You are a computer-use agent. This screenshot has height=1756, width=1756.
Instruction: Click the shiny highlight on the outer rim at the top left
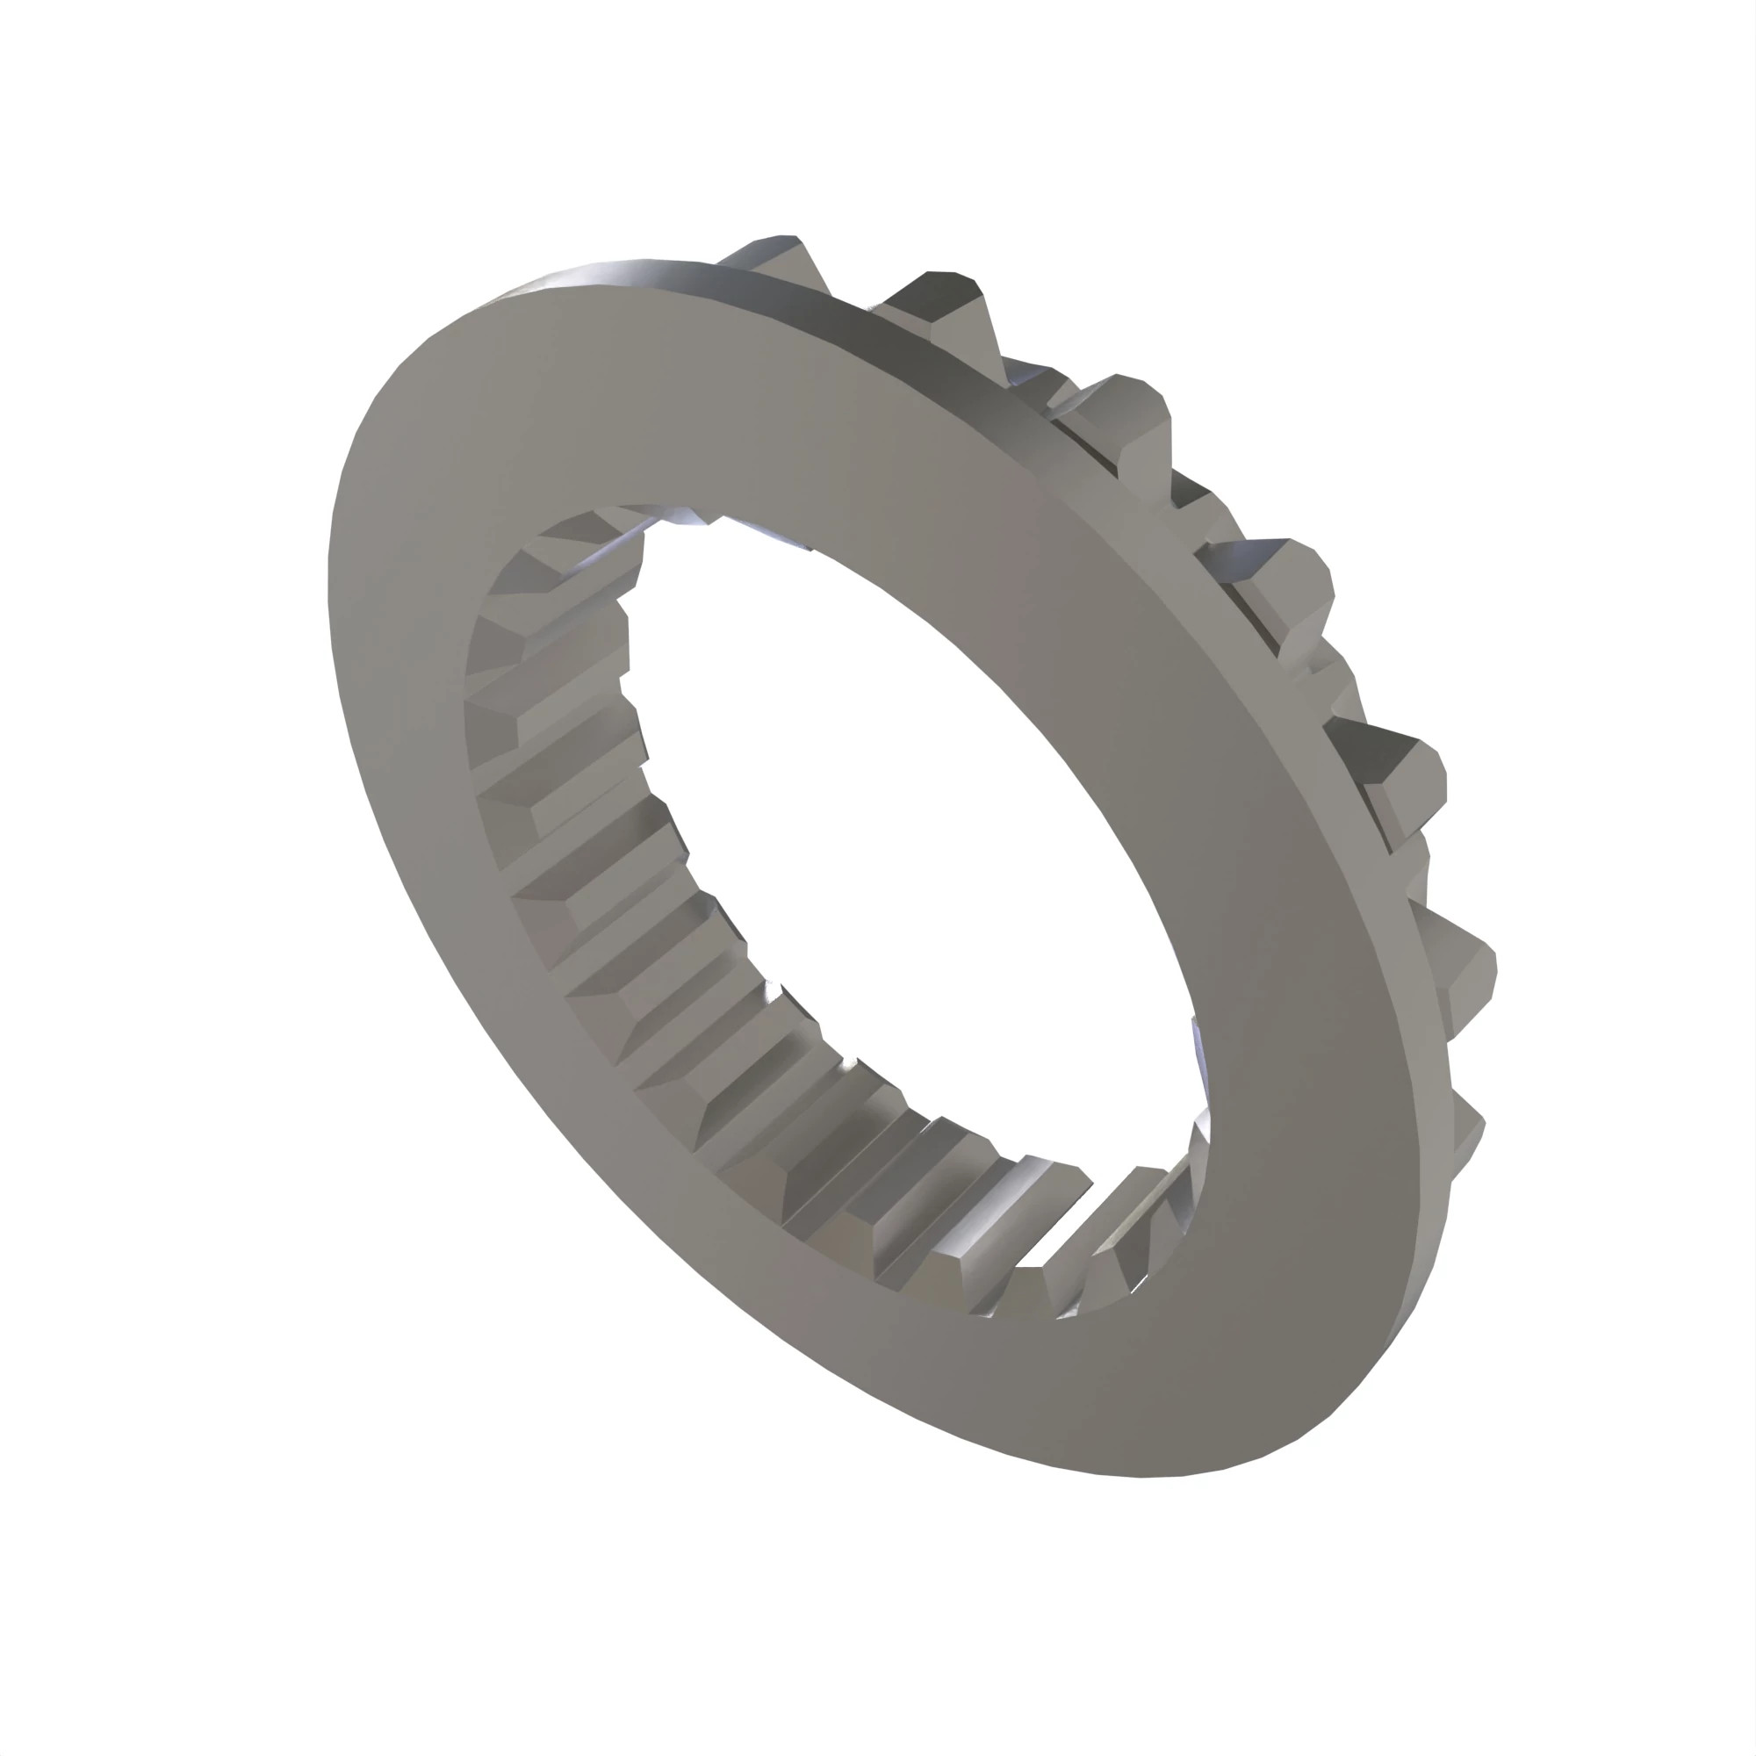tap(618, 273)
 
